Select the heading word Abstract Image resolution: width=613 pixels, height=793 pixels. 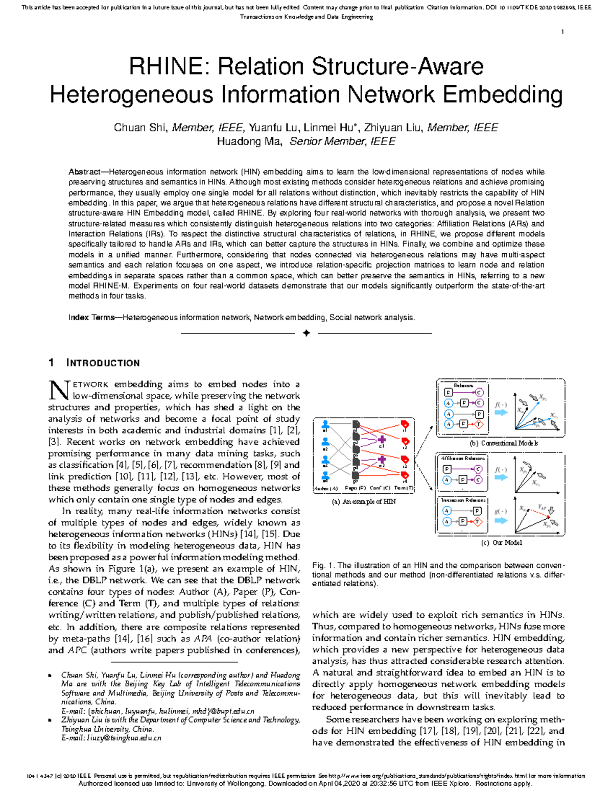(x=84, y=172)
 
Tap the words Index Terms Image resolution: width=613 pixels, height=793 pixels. (x=91, y=318)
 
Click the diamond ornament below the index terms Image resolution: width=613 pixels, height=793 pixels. (x=306, y=333)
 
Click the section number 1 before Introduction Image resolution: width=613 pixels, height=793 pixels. (x=51, y=363)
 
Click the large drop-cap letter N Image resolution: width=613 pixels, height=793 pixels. (x=58, y=391)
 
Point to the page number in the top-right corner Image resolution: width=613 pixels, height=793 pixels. (x=562, y=32)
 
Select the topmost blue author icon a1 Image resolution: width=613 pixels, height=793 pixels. (x=325, y=425)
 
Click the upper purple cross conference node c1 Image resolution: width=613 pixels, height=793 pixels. (x=381, y=440)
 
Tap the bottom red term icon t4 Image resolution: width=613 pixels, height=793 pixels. (x=405, y=476)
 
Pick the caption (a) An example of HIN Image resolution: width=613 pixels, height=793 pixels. (x=364, y=501)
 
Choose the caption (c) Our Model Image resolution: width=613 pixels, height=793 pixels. (x=501, y=543)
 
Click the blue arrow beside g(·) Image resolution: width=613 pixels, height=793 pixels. (x=502, y=520)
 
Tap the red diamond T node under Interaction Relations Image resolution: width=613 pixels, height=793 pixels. (x=478, y=522)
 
